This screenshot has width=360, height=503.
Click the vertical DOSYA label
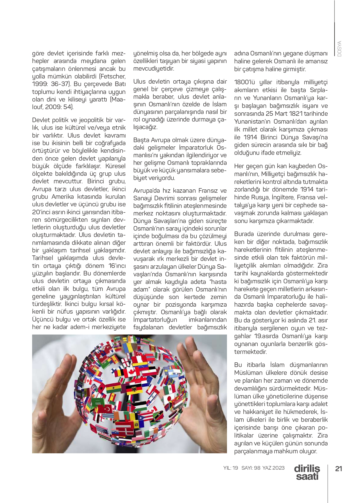(339, 48)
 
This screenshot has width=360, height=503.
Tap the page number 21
(338, 468)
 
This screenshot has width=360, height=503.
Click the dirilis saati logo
(307, 472)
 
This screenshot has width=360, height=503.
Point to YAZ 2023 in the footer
(274, 468)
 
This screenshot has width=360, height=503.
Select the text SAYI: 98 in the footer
(251, 468)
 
